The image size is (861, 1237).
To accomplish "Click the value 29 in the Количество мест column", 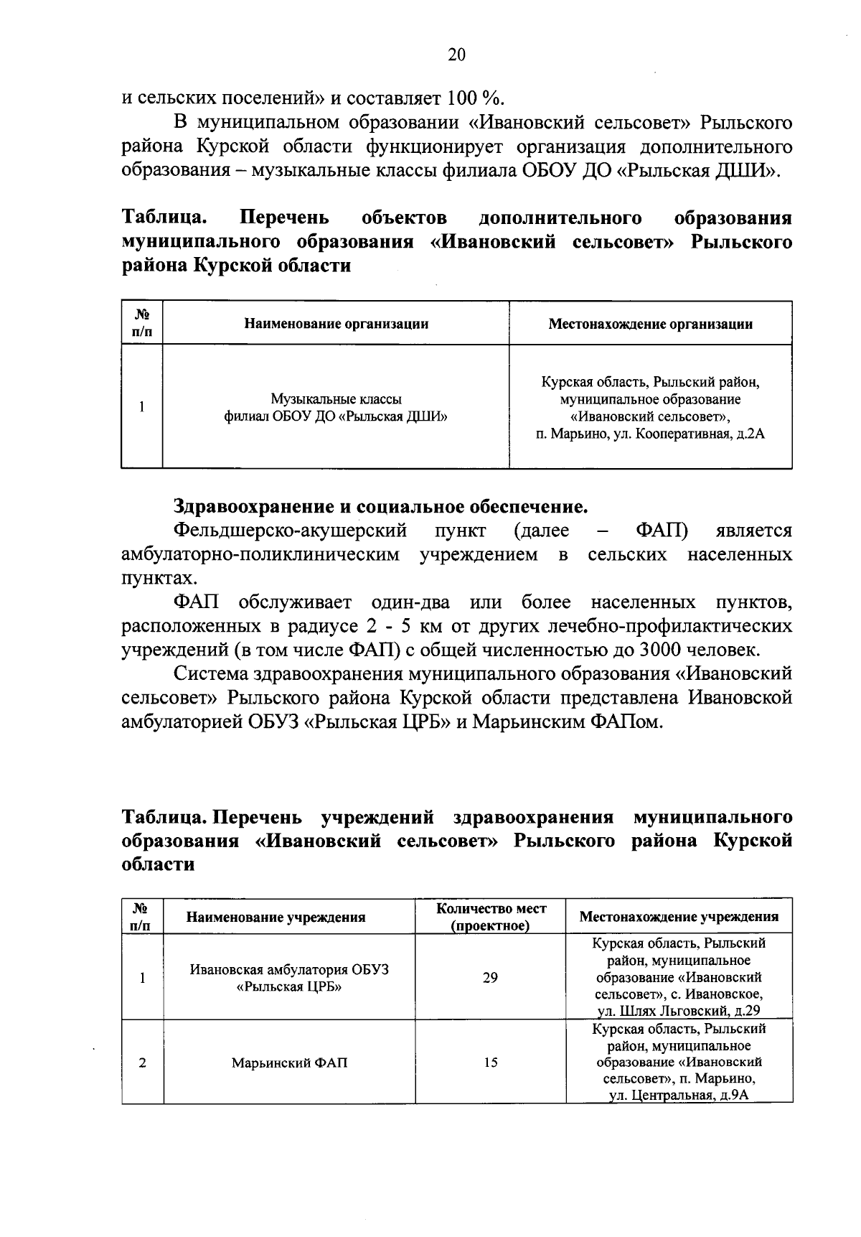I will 490,978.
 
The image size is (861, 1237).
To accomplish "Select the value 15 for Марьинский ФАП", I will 490,1063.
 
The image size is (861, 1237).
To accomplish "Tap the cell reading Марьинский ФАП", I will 289,1063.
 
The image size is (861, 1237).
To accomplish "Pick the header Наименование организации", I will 336,324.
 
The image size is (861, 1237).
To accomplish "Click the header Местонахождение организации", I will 650,324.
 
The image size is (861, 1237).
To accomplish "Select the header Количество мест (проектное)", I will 491,917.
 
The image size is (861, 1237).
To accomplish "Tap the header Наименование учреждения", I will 276,917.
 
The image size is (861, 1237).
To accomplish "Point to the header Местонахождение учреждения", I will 679,917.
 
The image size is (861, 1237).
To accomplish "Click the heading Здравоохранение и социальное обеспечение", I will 380,507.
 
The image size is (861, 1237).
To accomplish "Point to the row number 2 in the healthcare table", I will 142,1063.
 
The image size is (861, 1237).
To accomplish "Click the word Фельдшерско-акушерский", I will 291,531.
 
